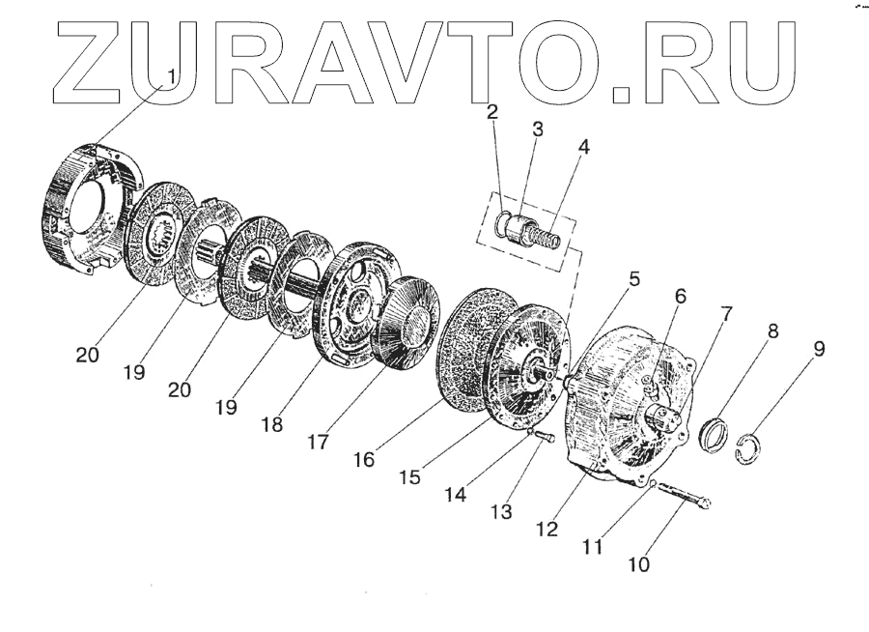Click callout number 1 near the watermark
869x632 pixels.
(x=172, y=75)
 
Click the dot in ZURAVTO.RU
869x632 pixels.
(x=625, y=94)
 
